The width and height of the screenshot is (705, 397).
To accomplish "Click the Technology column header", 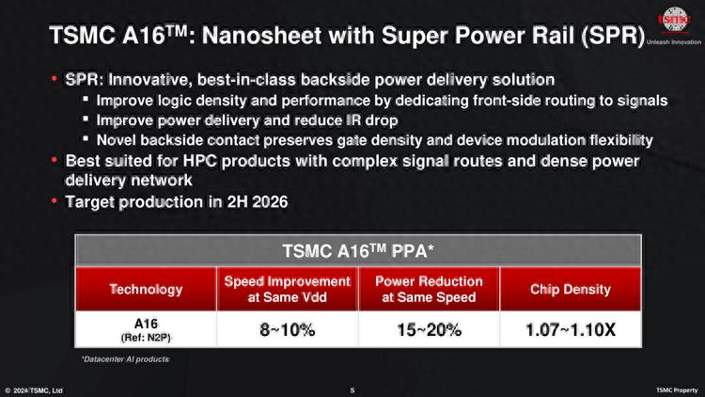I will point(146,289).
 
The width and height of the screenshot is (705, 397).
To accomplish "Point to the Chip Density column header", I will point(570,289).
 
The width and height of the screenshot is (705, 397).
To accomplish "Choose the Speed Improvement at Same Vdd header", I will point(287,289).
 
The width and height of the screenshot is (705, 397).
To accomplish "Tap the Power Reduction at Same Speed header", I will point(428,289).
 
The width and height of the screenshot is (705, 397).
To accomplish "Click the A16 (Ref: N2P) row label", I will point(146,329).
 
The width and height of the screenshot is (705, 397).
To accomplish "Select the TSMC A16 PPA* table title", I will point(357,251).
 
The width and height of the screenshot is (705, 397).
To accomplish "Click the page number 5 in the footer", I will point(352,389).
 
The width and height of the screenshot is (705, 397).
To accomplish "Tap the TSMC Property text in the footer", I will point(676,389).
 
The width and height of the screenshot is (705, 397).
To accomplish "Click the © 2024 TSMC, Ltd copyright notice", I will point(34,389).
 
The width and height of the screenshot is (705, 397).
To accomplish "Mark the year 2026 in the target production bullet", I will point(266,201).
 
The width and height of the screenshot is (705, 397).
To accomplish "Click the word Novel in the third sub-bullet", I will point(117,140).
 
